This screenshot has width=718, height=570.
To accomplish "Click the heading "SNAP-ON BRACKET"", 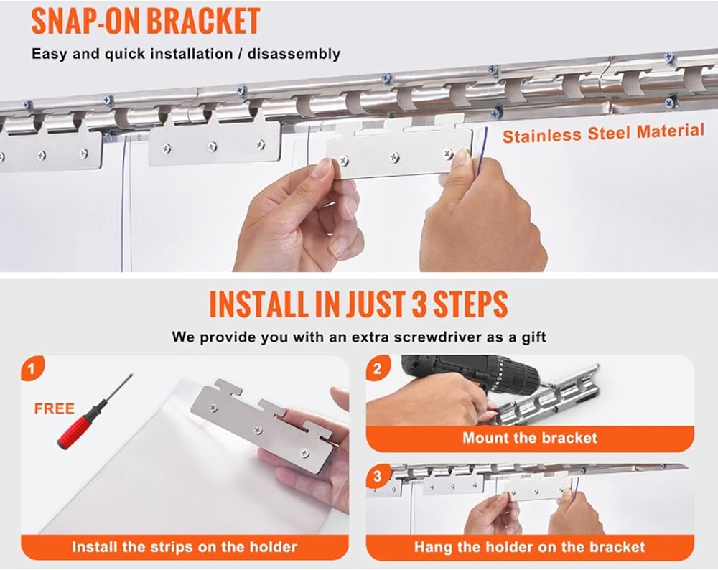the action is tap(146, 22).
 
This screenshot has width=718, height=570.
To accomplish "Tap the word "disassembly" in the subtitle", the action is tap(294, 54).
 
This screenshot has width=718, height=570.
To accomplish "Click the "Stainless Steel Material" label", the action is tap(603, 134).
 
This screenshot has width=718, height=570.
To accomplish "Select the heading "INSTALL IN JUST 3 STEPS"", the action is tap(358, 304).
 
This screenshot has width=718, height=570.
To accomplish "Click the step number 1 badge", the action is tap(32, 368).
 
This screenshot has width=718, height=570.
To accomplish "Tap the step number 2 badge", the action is tap(378, 368).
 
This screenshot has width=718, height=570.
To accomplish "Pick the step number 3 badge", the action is tap(378, 476).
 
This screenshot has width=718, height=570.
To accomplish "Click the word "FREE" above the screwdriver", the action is tap(54, 408).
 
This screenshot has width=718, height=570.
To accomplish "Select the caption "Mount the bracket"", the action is tap(530, 438).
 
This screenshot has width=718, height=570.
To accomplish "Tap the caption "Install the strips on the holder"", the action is tap(185, 546).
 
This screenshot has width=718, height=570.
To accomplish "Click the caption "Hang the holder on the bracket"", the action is tap(530, 546).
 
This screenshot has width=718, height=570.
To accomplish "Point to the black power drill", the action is tap(472, 373).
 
